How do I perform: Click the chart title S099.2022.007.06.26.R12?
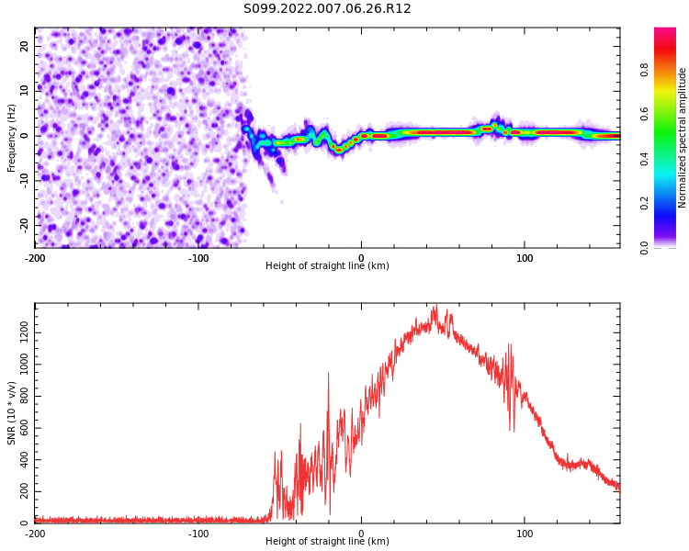(327, 9)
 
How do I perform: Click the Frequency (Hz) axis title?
(12, 138)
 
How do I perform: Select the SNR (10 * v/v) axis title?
(12, 413)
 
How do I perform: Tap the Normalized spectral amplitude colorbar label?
(683, 138)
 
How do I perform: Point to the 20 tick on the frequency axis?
(25, 46)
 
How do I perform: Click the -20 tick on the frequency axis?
(23, 224)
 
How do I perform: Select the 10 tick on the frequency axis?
(25, 90)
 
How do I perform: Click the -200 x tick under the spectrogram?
(35, 257)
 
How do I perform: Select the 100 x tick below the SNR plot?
(525, 533)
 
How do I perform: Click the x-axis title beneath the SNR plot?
(327, 542)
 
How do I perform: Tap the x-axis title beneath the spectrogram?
(327, 266)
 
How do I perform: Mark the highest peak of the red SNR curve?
(435, 306)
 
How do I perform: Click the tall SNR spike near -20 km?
(328, 374)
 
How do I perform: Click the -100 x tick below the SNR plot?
(198, 533)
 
